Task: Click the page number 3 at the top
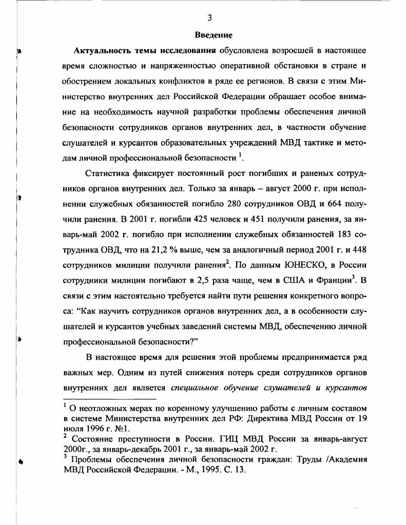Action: (209, 18)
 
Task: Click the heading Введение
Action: (214, 35)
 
